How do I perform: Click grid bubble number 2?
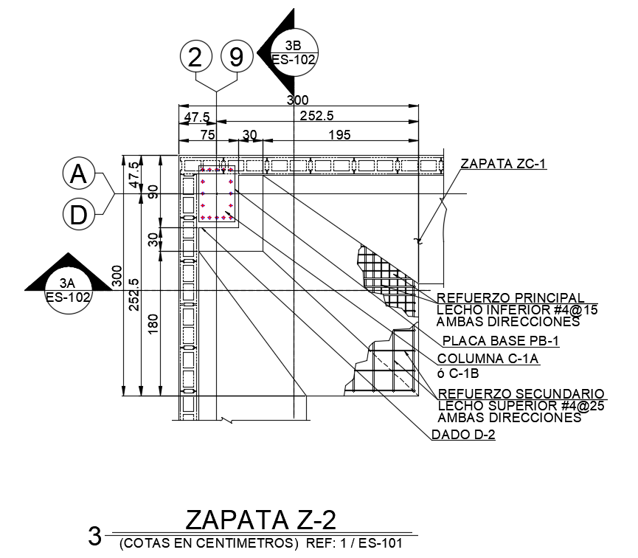click(x=195, y=58)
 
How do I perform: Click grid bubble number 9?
click(x=236, y=58)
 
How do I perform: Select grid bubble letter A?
click(x=78, y=175)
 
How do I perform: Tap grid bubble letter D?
click(x=78, y=215)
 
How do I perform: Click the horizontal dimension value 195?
click(x=340, y=134)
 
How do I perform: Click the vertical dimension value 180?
click(x=153, y=324)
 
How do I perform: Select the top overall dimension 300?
click(x=297, y=100)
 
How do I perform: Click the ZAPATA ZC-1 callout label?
click(x=503, y=164)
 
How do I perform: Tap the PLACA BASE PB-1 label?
click(x=490, y=341)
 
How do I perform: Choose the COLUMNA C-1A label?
click(x=489, y=359)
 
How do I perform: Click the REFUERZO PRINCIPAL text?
click(x=511, y=297)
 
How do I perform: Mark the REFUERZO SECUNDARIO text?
click(x=521, y=394)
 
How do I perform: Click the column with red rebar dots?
click(x=217, y=197)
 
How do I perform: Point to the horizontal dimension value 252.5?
click(x=317, y=117)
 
